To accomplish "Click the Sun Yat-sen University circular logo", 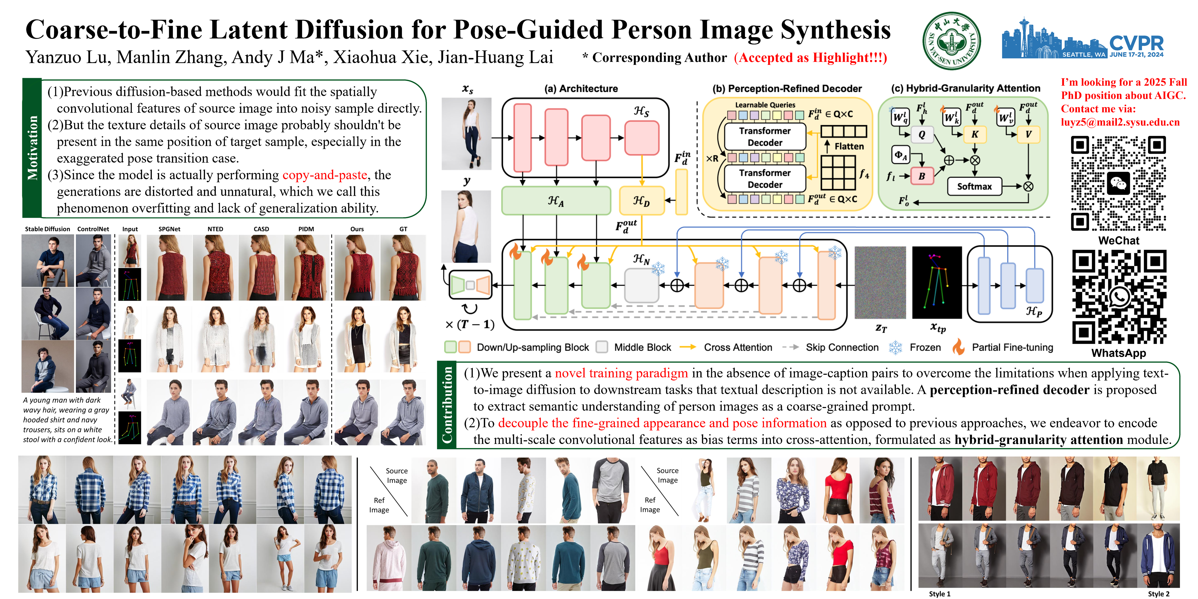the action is click(952, 41).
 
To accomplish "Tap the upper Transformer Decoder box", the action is click(765, 137).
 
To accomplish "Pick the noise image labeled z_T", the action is click(880, 282).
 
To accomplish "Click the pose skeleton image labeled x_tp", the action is click(937, 282).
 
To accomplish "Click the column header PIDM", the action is click(306, 229).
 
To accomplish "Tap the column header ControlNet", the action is click(93, 229).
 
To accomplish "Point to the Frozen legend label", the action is click(925, 347).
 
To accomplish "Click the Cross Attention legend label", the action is click(738, 347).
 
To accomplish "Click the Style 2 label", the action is click(1158, 594).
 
